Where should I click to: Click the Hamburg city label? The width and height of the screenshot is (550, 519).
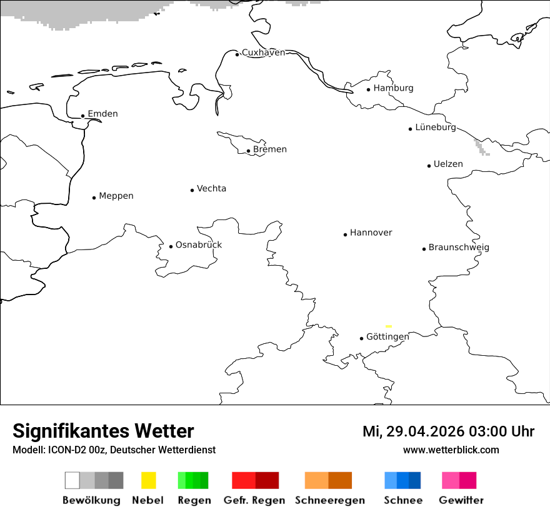tap(393, 88)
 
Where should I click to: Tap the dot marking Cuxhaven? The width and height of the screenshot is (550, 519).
tap(237, 54)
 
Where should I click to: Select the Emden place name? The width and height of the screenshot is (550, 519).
tap(102, 114)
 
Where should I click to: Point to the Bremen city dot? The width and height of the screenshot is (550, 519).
tap(248, 151)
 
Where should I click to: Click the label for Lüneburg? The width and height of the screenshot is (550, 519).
tap(436, 127)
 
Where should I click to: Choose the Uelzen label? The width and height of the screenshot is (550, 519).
tap(448, 164)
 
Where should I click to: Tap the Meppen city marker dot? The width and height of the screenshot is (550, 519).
tap(94, 198)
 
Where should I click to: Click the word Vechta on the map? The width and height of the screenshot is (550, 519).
tap(211, 188)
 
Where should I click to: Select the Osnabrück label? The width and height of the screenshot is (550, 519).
tap(199, 244)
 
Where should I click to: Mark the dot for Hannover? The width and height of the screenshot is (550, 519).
tap(345, 234)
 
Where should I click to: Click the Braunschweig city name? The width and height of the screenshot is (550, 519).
tap(459, 248)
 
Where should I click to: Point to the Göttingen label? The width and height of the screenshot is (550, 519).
tap(387, 336)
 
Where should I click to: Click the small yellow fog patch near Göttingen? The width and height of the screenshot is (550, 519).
tap(389, 326)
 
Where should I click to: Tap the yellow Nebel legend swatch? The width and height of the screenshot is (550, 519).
tap(148, 480)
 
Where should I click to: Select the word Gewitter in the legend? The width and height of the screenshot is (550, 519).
tap(461, 500)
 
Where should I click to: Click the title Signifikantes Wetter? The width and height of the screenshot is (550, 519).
tap(103, 431)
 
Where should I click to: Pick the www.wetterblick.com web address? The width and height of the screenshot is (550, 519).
tap(451, 450)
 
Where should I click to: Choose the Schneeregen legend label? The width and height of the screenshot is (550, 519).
tap(330, 500)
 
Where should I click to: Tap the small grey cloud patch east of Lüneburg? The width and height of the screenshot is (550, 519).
tap(481, 148)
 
